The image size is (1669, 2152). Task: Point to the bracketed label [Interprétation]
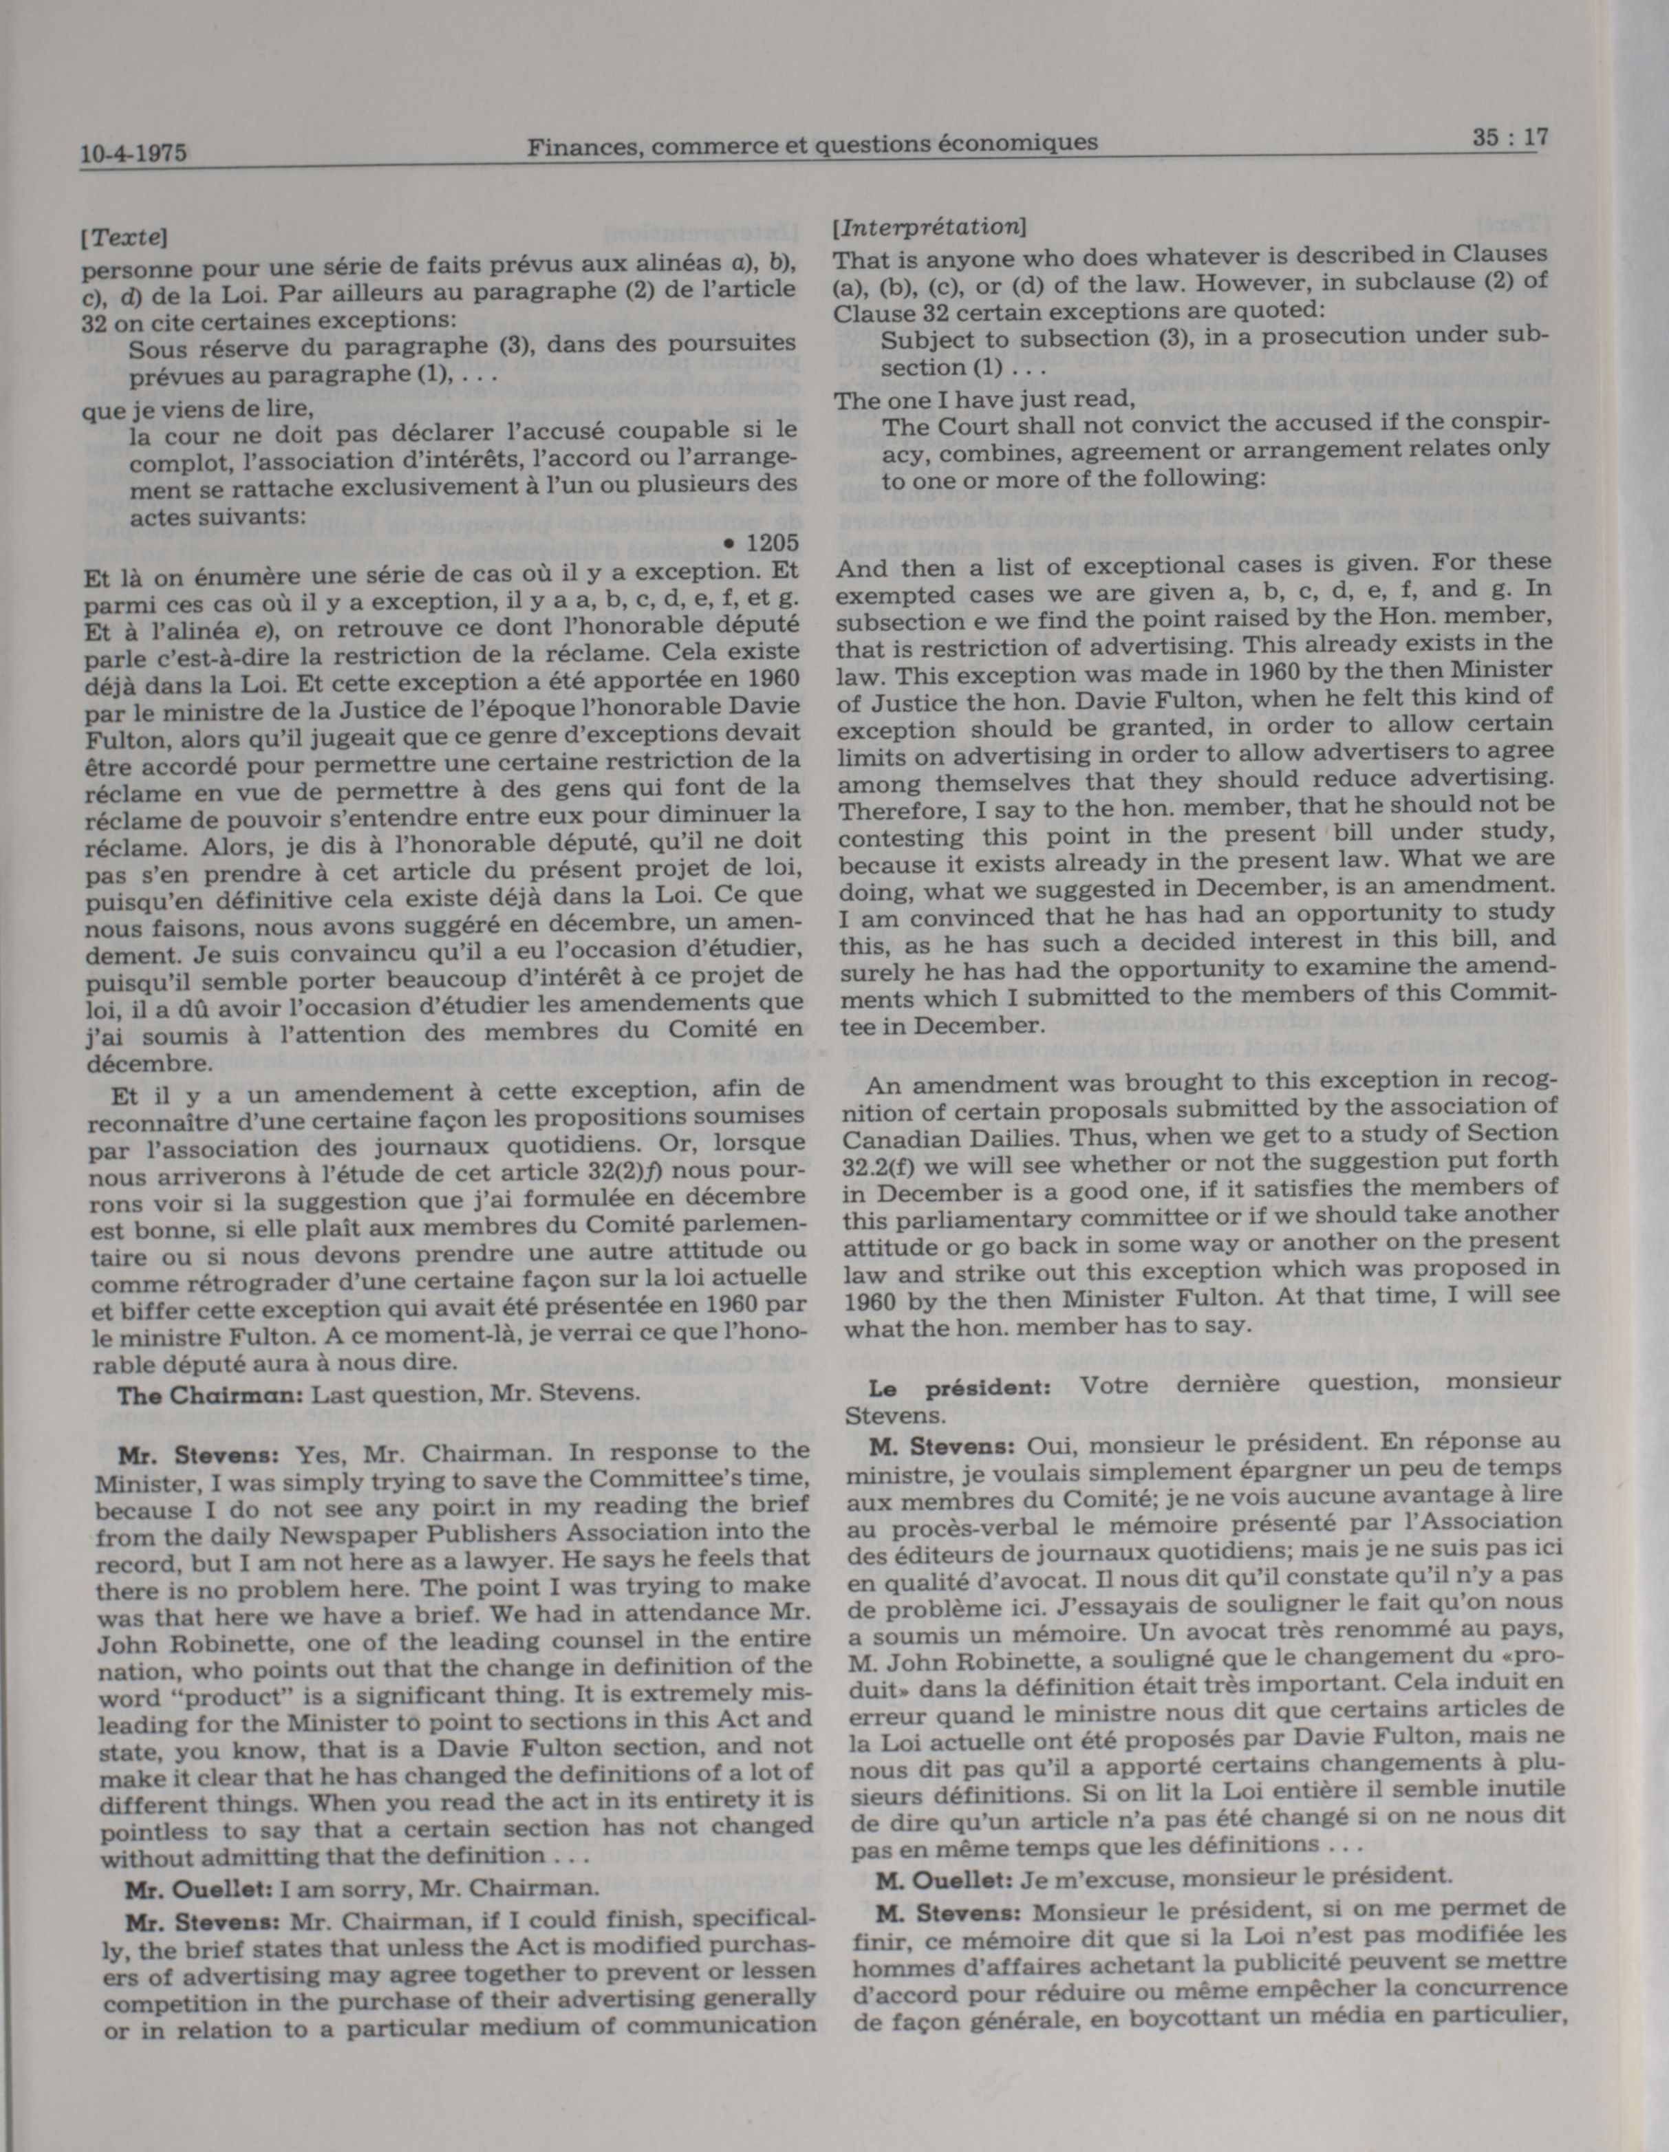(x=929, y=228)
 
